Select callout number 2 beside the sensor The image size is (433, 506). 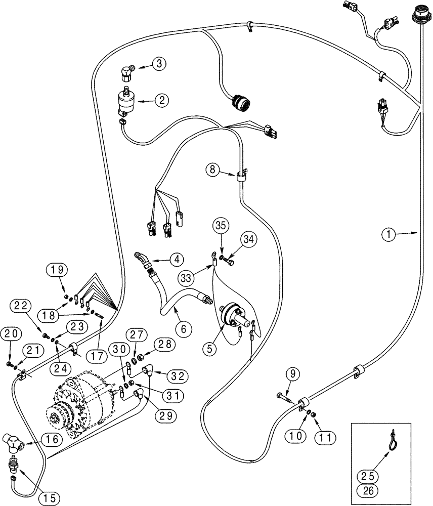161,100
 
